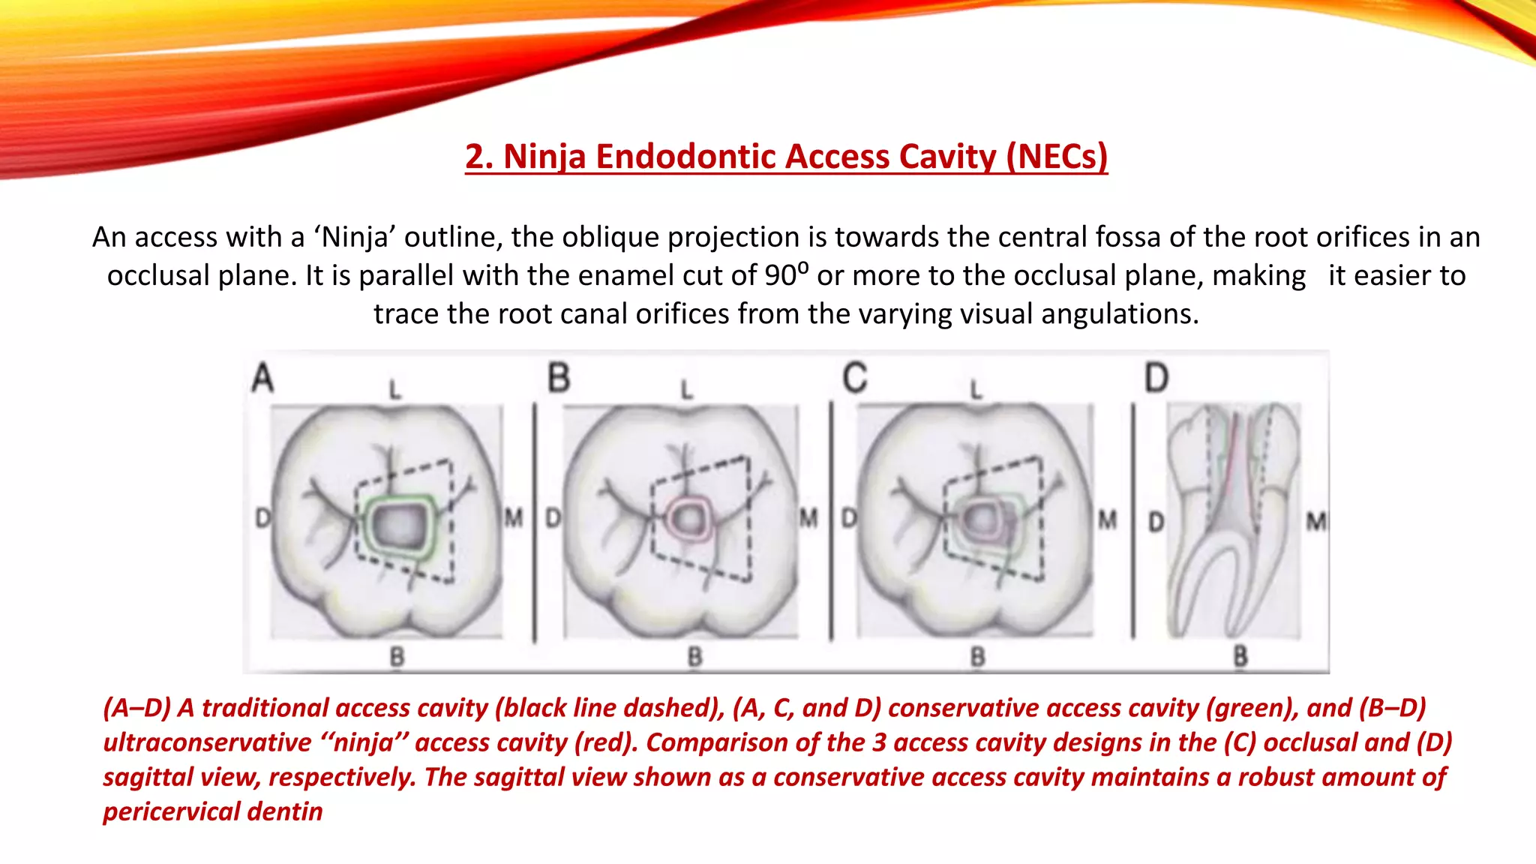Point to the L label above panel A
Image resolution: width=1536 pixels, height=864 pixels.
394,389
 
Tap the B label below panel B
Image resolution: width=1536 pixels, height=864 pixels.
694,658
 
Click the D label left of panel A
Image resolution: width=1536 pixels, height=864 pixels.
262,517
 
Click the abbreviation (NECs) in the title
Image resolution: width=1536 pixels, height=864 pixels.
1056,157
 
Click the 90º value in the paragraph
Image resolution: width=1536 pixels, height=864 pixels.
786,275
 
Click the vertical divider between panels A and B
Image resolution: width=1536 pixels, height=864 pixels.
534,521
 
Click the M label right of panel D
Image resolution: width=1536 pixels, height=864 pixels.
1315,520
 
